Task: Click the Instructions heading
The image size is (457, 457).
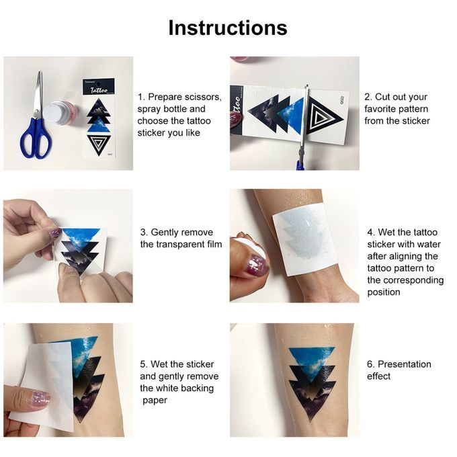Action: point(228,28)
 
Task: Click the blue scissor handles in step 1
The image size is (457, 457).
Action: point(36,138)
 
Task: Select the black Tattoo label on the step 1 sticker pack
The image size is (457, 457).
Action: point(99,87)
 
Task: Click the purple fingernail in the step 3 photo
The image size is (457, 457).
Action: point(55,233)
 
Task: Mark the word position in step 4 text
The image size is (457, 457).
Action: point(384,292)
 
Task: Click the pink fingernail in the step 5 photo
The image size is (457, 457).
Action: point(41,399)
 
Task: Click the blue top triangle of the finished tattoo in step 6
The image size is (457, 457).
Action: point(312,361)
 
